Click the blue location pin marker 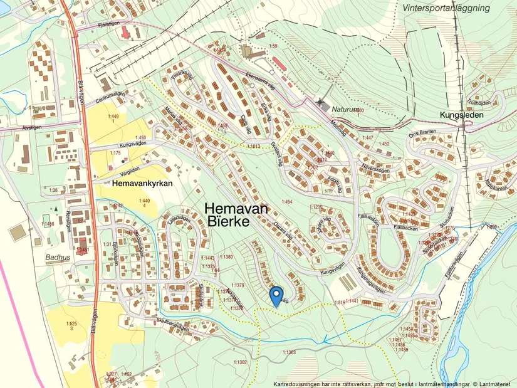276,296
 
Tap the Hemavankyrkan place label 143,185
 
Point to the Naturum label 347,108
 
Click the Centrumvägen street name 111,98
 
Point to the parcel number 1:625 71,323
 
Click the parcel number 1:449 113,117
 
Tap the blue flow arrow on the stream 325,342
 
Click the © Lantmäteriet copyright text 491,384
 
